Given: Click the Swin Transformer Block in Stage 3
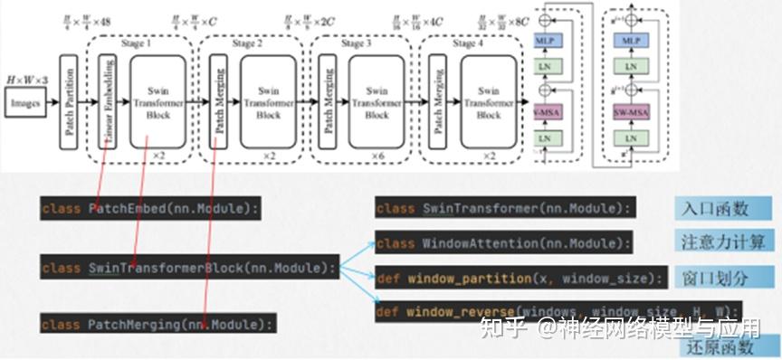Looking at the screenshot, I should click(377, 103).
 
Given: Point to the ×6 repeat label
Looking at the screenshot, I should click(377, 156).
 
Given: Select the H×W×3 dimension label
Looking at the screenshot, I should click(26, 81).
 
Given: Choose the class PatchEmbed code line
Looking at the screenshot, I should click(150, 209).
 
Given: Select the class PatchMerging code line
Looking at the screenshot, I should click(158, 323).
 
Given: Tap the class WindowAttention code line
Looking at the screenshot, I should click(503, 243).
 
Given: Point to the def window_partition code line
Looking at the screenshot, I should click(520, 278).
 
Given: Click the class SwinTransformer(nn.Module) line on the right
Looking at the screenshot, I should click(502, 209).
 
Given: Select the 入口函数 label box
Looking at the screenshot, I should click(714, 209).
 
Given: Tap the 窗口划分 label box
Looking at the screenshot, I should click(714, 275).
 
